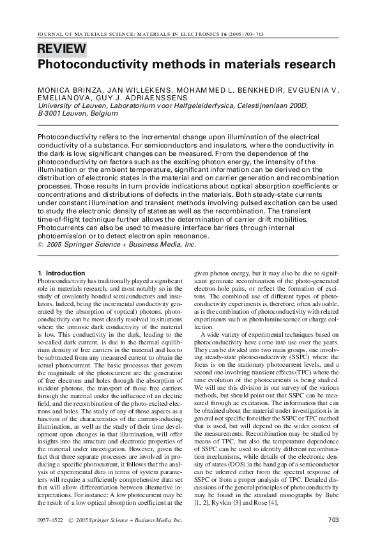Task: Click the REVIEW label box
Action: tap(61, 49)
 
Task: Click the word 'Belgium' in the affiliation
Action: tap(102, 114)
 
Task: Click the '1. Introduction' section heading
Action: tap(62, 273)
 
